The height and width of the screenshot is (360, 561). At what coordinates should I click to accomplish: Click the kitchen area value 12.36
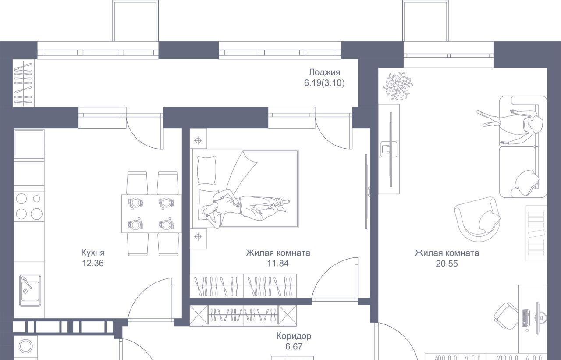tap(92, 263)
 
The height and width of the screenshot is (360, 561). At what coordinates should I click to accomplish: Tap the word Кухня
tap(93, 253)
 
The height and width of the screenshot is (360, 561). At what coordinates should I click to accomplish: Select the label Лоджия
tap(324, 72)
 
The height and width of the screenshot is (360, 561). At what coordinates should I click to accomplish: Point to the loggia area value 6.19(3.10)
tap(324, 83)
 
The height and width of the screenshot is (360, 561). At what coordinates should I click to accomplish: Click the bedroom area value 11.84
tap(278, 263)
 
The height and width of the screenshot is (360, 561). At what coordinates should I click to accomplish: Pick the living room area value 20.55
tap(447, 264)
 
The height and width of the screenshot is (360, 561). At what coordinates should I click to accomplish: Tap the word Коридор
tap(294, 336)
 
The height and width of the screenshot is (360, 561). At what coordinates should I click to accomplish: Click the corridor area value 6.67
tap(294, 346)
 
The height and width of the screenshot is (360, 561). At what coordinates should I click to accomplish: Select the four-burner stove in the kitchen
tap(29, 206)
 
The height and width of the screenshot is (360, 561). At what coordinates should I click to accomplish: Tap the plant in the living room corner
tap(398, 86)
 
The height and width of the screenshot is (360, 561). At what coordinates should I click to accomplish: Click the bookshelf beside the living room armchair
tap(536, 233)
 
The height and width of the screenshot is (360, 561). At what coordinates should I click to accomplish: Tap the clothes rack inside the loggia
tap(24, 83)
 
